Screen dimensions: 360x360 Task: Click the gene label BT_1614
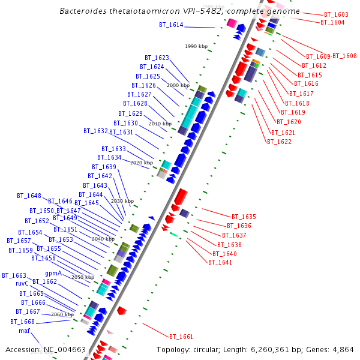(171, 25)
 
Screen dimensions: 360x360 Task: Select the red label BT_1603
(336, 14)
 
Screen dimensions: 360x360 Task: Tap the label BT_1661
(181, 337)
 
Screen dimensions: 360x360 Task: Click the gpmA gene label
(53, 273)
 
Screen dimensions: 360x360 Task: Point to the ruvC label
(22, 283)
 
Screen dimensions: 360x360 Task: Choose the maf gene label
(24, 331)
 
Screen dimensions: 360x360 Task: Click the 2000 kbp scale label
(178, 86)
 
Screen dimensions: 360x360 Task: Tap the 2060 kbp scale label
(62, 314)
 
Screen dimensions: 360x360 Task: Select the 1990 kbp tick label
(196, 46)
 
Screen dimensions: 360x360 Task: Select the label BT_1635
(244, 217)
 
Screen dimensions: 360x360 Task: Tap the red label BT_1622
(279, 142)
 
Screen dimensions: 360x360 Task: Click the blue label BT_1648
(29, 196)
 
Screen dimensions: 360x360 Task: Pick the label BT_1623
(157, 58)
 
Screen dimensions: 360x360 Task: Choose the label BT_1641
(220, 262)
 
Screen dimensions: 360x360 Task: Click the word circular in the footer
(211, 349)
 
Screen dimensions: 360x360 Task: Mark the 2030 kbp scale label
(122, 201)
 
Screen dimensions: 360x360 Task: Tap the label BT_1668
(23, 322)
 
